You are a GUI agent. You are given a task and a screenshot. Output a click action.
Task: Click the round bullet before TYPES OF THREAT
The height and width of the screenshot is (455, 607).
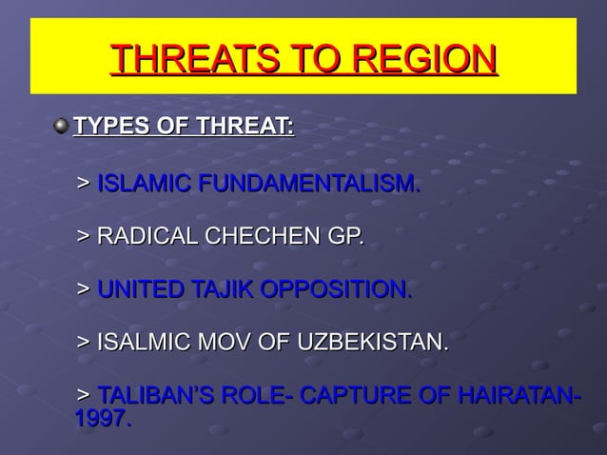point(62,126)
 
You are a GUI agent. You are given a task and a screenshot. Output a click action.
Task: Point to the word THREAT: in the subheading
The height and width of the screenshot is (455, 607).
point(245,126)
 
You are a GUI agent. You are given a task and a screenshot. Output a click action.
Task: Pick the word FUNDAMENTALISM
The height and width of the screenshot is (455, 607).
point(306,182)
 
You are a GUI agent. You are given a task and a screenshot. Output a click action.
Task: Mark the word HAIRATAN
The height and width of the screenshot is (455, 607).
point(515,394)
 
